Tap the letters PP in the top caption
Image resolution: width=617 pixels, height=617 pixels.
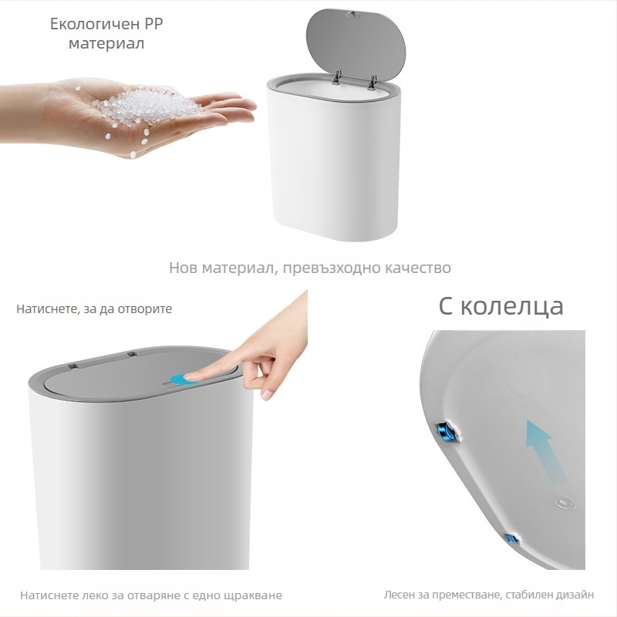(x=152, y=24)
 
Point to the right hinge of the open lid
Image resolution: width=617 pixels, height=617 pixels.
(x=372, y=82)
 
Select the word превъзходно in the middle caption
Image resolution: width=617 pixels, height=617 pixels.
(x=331, y=268)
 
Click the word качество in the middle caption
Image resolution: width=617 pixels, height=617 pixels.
(x=417, y=268)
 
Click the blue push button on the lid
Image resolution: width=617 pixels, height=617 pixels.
(x=180, y=379)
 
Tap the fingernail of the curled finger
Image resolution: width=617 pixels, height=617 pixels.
(x=267, y=394)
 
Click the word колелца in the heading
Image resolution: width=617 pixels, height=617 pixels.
(x=512, y=306)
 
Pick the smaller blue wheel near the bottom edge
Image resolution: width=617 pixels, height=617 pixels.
(x=511, y=538)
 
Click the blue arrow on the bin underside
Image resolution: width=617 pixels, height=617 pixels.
(x=545, y=451)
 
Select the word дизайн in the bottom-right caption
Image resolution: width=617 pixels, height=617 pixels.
(x=575, y=595)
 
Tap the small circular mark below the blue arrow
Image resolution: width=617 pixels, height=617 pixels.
(x=565, y=504)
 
